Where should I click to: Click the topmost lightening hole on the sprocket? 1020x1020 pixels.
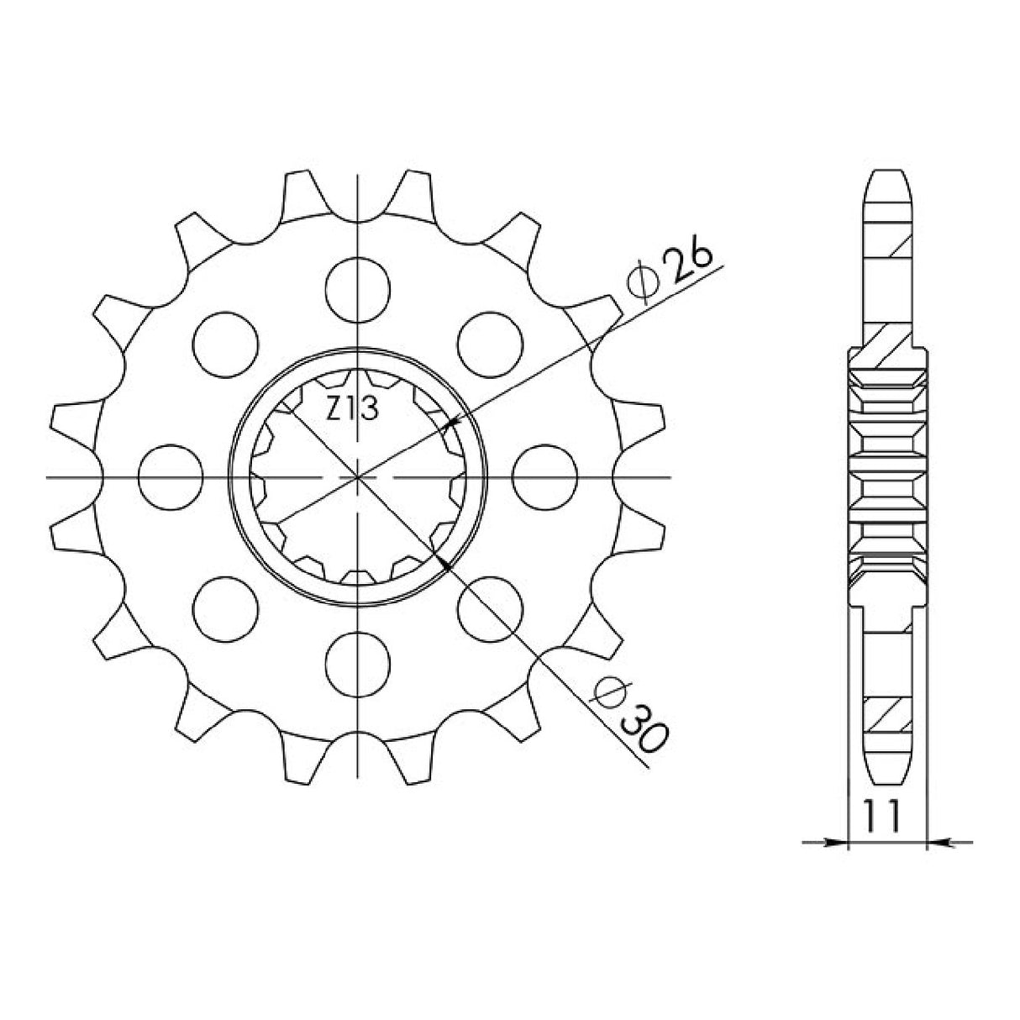coord(358,290)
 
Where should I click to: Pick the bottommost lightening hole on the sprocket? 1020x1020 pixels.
coord(358,664)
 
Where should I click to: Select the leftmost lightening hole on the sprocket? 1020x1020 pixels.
coord(171,477)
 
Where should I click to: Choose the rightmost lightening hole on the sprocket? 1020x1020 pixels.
coord(544,477)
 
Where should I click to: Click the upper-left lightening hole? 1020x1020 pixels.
coord(225,344)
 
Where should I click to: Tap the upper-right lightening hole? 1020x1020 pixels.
coord(490,344)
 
